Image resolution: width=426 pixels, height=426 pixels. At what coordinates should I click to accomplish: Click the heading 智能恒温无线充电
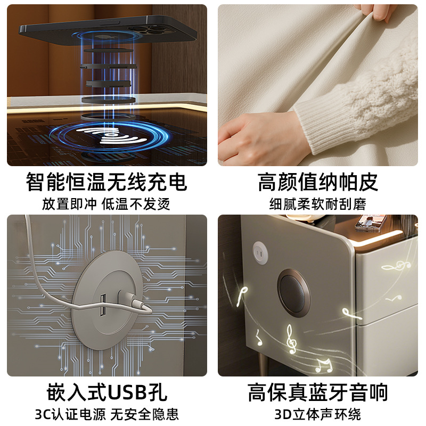[106, 182]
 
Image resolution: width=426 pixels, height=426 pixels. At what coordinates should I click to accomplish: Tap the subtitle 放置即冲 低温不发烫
[106, 204]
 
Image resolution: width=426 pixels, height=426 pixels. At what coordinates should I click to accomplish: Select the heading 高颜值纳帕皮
[317, 182]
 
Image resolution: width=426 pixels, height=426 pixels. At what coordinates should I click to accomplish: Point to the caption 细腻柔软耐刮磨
[317, 204]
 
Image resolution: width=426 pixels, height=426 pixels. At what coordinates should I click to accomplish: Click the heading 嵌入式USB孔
[106, 392]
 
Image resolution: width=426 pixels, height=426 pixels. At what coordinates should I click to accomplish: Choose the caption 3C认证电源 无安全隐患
[106, 414]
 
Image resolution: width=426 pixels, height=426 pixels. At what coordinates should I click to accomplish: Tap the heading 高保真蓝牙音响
[317, 392]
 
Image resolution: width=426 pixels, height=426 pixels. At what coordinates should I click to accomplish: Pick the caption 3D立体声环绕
[317, 414]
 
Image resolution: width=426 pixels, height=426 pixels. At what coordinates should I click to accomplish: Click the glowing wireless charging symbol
[111, 135]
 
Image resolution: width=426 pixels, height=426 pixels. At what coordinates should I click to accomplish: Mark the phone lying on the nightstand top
[371, 223]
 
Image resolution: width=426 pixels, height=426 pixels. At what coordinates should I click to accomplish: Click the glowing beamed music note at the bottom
[323, 365]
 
